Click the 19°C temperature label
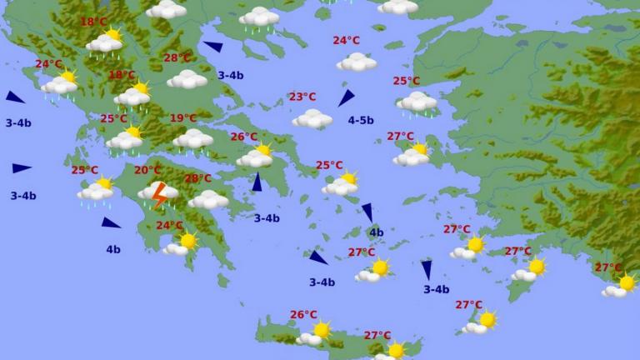click(x=183, y=118)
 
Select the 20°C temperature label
click(x=147, y=170)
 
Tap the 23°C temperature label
click(x=302, y=97)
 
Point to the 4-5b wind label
click(x=361, y=120)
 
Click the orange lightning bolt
click(x=158, y=197)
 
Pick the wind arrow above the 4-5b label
click(x=346, y=98)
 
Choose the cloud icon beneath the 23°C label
click(x=312, y=119)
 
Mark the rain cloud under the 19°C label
click(x=193, y=139)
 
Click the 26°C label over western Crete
click(x=303, y=314)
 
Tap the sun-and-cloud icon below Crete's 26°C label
click(x=314, y=334)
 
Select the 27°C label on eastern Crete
click(x=377, y=335)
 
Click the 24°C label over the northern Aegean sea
click(x=346, y=40)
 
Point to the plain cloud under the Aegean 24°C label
click(x=357, y=62)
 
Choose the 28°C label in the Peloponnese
click(x=197, y=178)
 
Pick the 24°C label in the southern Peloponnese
click(x=169, y=225)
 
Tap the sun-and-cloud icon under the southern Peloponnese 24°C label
click(x=181, y=243)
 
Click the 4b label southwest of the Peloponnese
click(x=112, y=249)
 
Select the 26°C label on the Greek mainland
click(x=243, y=137)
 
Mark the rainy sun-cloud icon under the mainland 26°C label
click(x=256, y=156)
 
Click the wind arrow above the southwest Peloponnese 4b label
click(x=111, y=222)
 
